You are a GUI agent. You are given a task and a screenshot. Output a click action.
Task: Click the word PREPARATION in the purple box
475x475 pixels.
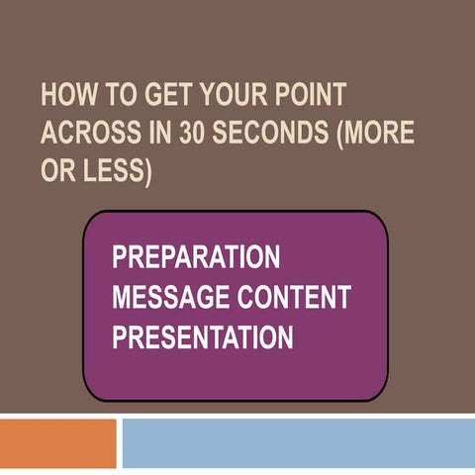196,257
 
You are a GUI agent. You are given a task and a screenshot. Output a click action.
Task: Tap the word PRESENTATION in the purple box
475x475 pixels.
202,337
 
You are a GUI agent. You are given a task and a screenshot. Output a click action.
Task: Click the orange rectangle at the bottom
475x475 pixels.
57,443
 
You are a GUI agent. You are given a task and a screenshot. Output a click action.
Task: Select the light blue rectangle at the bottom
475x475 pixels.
298,443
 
